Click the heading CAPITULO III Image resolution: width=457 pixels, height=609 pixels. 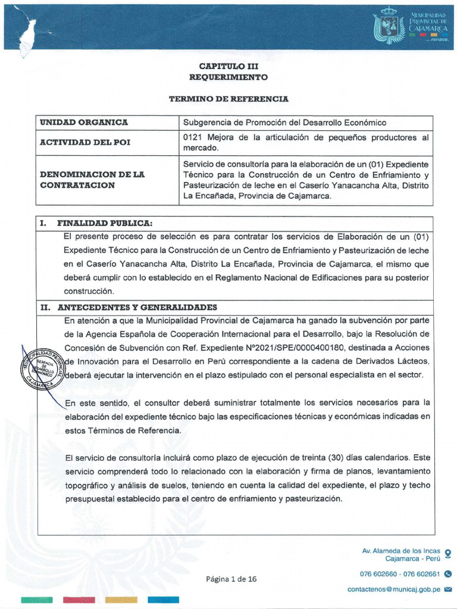(228, 67)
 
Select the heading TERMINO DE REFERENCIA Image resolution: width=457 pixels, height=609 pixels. (228, 98)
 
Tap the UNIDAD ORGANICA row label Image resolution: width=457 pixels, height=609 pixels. (84, 123)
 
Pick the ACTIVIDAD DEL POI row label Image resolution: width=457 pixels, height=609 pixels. (85, 143)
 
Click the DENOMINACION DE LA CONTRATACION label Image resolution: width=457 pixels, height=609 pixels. (92, 180)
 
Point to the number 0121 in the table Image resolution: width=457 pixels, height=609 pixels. (193, 137)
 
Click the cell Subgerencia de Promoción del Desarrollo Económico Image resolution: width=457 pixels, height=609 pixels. (284, 123)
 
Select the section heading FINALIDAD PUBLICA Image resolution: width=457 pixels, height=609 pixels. (105, 223)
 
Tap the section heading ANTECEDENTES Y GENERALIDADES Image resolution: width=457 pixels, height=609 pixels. (137, 307)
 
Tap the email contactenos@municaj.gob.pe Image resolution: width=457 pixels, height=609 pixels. (393, 589)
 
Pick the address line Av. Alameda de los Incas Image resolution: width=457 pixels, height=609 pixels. (401, 551)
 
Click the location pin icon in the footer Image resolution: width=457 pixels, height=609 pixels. (447, 554)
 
